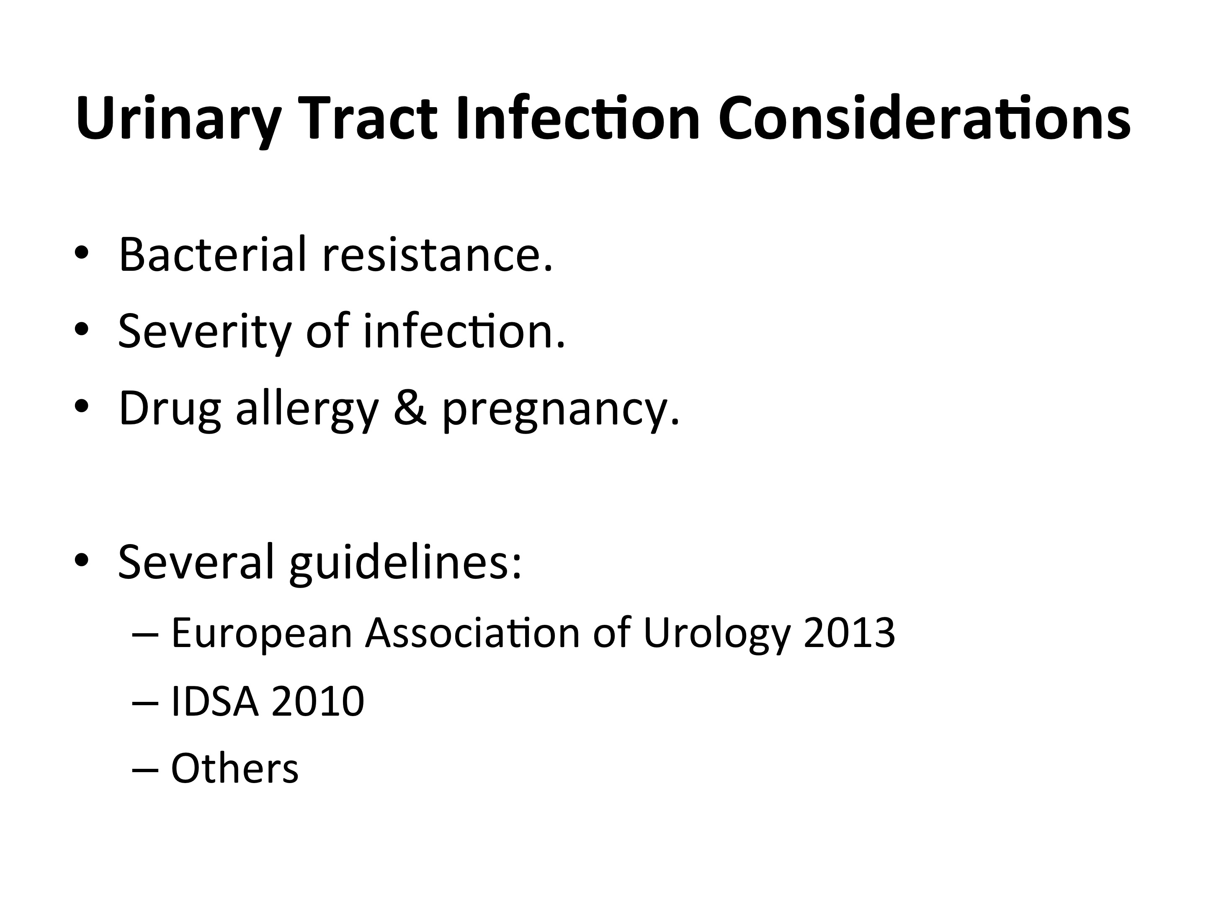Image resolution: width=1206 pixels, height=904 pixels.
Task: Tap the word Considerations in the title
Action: coord(925,117)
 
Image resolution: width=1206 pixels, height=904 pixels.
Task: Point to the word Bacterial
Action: coord(213,254)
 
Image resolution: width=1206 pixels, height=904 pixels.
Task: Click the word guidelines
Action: coord(405,565)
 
